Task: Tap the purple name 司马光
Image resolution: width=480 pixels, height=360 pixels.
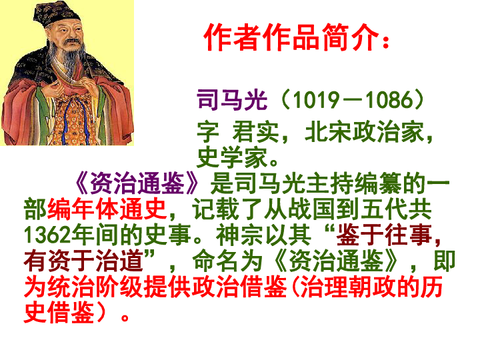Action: tap(232, 100)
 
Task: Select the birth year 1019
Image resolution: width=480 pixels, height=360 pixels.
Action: tap(315, 100)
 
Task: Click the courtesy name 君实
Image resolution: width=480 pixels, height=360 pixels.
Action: tap(255, 132)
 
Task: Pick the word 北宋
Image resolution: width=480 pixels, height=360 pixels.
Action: tap(328, 132)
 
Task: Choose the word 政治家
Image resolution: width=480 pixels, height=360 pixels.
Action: tap(389, 132)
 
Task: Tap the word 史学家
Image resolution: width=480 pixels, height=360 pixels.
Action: tap(232, 157)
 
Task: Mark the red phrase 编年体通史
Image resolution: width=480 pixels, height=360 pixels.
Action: tap(107, 209)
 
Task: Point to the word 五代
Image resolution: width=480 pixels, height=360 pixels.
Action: tap(384, 209)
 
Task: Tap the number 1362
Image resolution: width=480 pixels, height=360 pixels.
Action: tap(47, 235)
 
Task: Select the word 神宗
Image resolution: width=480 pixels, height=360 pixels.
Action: tap(239, 235)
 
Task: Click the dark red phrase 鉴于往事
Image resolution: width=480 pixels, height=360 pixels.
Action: tap(384, 235)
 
